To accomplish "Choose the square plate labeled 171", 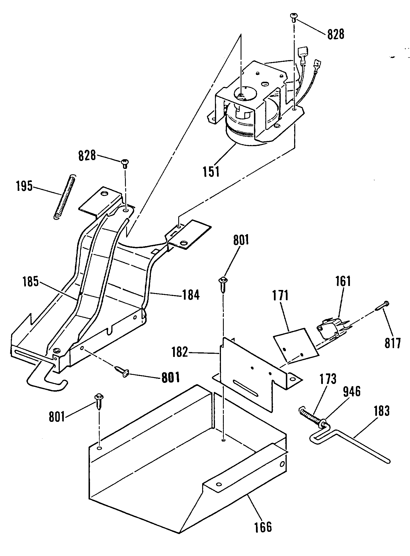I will (295, 344).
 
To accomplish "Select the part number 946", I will (352, 392).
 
